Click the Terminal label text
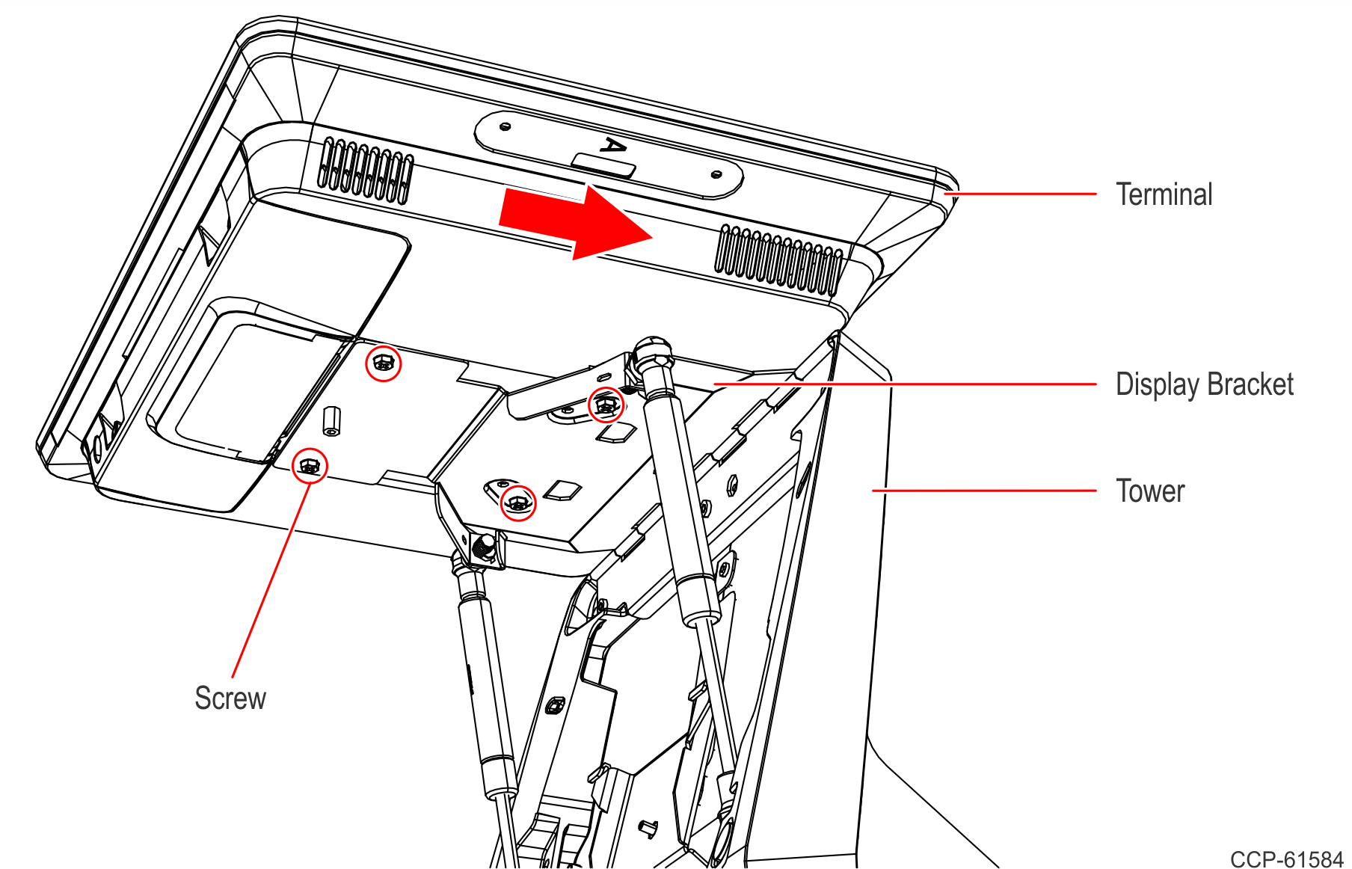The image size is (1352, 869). (1164, 194)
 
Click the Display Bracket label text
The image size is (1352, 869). (1204, 384)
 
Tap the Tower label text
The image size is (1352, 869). (1150, 491)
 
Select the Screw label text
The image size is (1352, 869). (230, 698)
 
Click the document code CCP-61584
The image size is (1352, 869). (1286, 859)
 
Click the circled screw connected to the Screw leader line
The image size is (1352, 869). (309, 467)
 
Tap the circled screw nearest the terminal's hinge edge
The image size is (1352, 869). (383, 364)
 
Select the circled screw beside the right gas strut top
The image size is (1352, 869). (605, 405)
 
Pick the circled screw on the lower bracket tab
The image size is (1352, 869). (517, 503)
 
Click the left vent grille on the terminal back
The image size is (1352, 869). (366, 171)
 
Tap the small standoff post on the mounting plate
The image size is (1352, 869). (331, 421)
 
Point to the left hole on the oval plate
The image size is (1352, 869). (506, 126)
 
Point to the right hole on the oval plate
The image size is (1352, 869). (716, 174)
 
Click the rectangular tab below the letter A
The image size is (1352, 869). (603, 165)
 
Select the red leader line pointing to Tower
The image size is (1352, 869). (983, 491)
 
